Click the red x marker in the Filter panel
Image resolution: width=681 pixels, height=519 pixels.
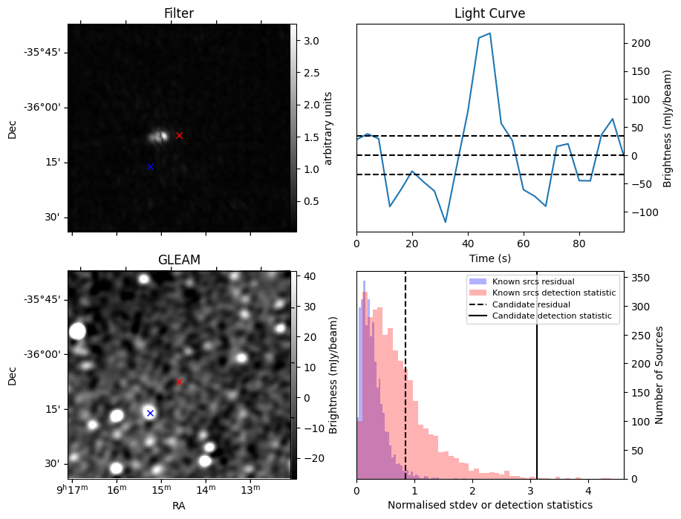point(179,135)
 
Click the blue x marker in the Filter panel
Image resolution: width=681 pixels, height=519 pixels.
point(150,166)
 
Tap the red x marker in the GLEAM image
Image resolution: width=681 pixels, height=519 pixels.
point(179,382)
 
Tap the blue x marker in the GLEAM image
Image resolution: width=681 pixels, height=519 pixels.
point(150,413)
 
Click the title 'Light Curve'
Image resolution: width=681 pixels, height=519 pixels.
point(489,14)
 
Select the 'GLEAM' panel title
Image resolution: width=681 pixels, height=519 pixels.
point(178,260)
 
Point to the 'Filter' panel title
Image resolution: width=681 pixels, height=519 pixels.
point(178,14)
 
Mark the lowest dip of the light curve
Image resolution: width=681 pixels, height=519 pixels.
point(446,222)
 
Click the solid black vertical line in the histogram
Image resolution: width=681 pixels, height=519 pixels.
point(537,386)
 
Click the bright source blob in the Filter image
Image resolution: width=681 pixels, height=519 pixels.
point(158,136)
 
